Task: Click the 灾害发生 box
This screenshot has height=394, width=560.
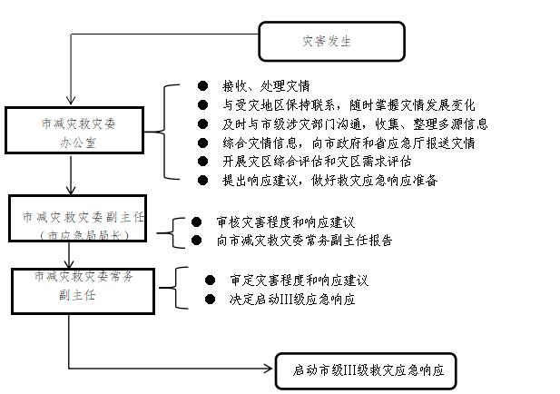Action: (331, 42)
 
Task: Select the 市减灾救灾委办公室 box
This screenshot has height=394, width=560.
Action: (74, 131)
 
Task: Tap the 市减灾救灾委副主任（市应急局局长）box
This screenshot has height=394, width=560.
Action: (77, 218)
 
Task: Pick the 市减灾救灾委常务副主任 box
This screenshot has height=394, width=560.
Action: (83, 291)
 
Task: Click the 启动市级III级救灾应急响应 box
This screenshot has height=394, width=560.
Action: (366, 370)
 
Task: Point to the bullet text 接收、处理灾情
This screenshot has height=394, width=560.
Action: (266, 86)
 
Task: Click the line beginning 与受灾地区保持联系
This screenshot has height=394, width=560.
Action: (349, 105)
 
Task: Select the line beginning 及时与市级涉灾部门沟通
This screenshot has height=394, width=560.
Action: (355, 124)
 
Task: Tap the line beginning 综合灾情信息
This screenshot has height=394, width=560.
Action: (349, 143)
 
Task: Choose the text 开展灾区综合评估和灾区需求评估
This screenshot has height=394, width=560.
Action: (317, 162)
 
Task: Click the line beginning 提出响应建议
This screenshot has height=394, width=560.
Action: (329, 180)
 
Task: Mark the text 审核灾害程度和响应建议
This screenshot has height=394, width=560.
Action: (285, 222)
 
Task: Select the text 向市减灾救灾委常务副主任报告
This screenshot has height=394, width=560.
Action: (304, 241)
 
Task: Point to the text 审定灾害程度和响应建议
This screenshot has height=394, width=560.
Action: (299, 281)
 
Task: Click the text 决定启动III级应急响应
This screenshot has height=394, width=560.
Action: (292, 299)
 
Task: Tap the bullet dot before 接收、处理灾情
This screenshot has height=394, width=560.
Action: (203, 85)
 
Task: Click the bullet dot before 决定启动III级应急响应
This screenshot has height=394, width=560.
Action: (210, 299)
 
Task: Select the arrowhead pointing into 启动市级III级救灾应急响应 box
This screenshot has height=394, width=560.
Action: (268, 369)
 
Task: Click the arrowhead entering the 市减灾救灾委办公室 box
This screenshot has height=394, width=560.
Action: (71, 100)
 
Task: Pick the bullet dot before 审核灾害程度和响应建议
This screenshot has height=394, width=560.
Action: (196, 222)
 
